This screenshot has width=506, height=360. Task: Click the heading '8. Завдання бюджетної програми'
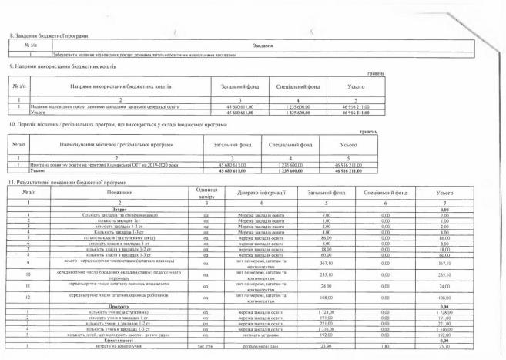(47, 36)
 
